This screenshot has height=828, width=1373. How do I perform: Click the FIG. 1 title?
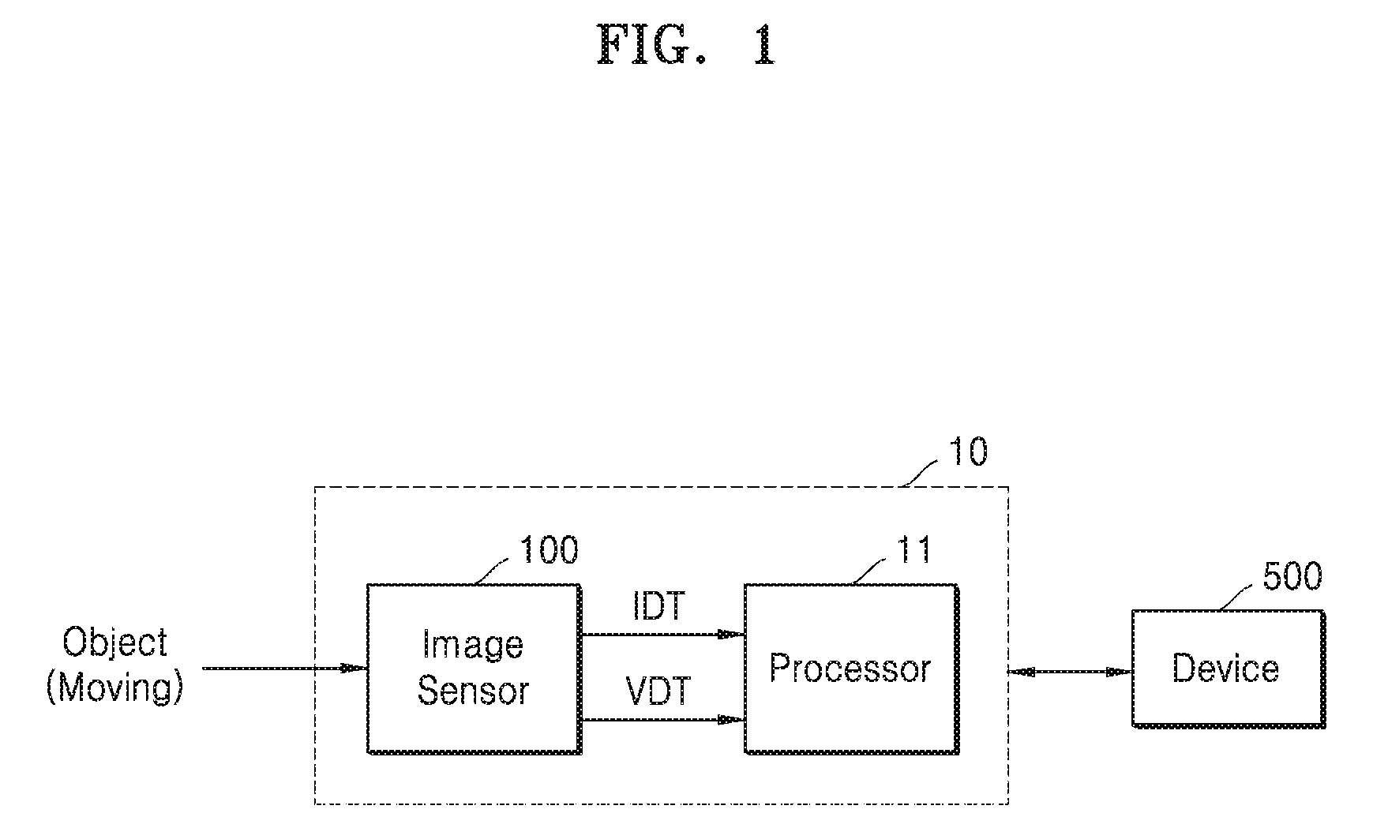pos(685,44)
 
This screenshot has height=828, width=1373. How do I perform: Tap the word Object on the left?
pos(115,643)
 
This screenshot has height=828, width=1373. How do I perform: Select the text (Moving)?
pos(115,688)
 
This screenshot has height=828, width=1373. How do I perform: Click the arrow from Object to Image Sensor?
pos(285,669)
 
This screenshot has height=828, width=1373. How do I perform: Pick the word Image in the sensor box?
pos(472,646)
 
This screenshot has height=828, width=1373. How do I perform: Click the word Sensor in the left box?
pos(472,691)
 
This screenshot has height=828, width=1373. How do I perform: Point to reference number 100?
pos(548,550)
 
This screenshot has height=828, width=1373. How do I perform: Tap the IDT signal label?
pos(659,607)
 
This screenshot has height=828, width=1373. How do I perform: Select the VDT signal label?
pos(658,692)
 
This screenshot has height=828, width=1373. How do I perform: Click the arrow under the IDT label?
pos(663,634)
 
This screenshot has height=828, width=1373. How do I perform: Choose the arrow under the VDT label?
pos(663,719)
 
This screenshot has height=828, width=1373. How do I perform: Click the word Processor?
pos(850,669)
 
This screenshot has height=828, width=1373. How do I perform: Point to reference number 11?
pos(915,550)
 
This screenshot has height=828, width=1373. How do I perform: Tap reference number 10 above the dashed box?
pos(966,452)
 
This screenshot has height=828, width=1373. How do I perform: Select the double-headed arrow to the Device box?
pos(1070,673)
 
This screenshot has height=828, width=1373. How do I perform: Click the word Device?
pos(1225,669)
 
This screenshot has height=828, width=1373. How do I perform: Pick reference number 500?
pos(1292,577)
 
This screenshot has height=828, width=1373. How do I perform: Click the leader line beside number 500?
pos(1238,596)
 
